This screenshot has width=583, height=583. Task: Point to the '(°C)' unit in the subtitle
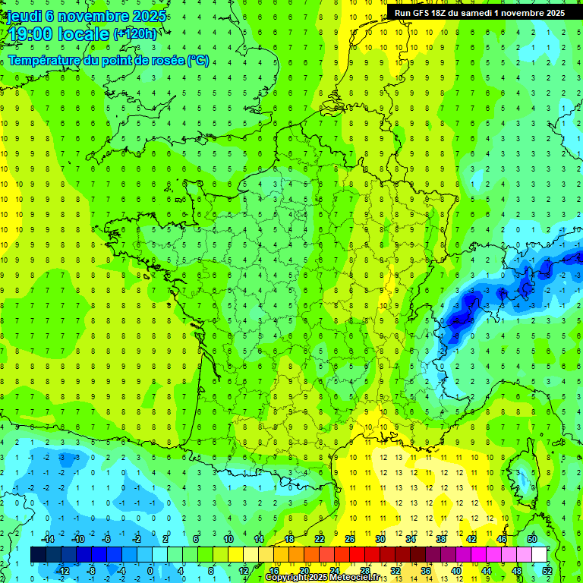pos(198,60)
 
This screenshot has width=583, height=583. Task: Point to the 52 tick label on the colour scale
pos(547,571)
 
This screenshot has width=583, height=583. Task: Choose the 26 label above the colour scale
pos(350,539)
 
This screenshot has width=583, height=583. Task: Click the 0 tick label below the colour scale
pos(150,571)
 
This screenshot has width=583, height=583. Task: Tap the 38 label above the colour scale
pos(440,539)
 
